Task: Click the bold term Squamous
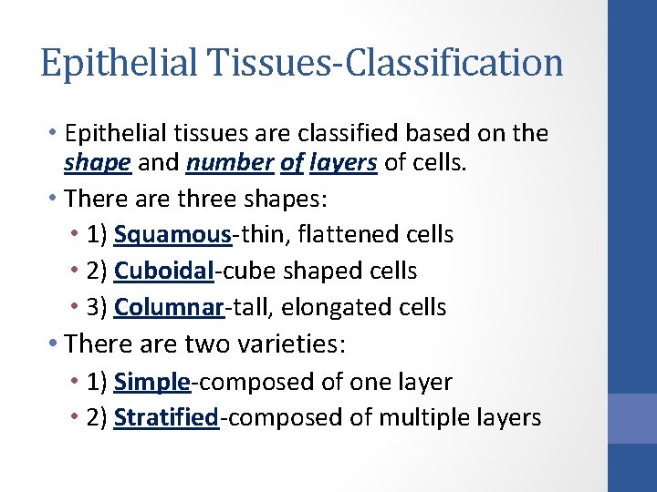[173, 234]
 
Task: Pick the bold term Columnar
[169, 307]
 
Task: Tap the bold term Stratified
[167, 418]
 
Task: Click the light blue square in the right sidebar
[632, 418]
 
